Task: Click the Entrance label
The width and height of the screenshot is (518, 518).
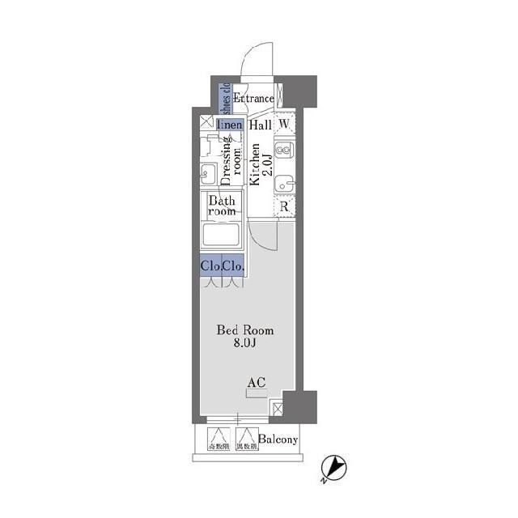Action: [253, 99]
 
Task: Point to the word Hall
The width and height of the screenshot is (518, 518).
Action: [260, 125]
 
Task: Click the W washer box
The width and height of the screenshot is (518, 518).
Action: [284, 125]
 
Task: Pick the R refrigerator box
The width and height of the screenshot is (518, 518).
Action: [284, 207]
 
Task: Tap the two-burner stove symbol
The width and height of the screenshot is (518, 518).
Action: [284, 151]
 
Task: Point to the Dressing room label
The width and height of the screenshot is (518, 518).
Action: [233, 157]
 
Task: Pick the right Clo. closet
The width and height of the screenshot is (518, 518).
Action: [234, 265]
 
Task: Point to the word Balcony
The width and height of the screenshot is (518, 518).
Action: [279, 440]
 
